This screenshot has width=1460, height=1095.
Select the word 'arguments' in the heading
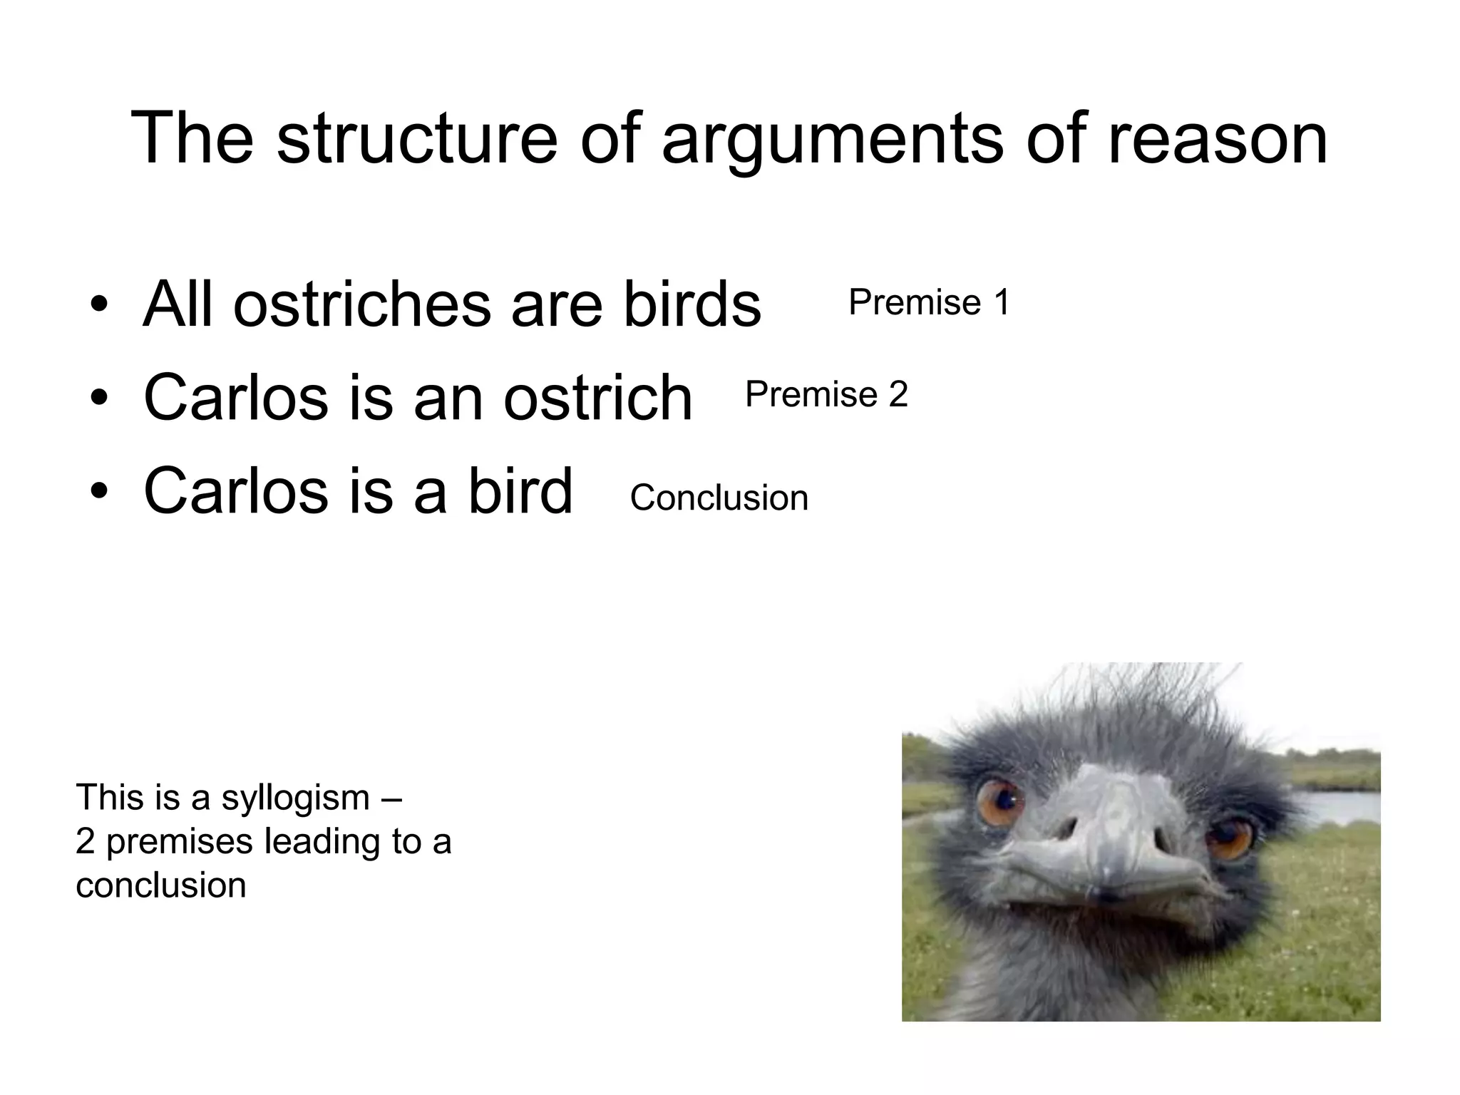(834, 140)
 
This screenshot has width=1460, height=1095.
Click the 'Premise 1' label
(929, 302)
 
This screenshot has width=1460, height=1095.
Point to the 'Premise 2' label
(826, 394)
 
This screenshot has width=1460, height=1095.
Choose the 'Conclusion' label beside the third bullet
(719, 498)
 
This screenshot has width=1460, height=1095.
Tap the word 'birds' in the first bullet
(692, 305)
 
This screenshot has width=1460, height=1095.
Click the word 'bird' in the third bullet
(520, 490)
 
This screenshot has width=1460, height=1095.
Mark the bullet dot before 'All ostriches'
(99, 307)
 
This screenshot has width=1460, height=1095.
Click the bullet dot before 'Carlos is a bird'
(99, 492)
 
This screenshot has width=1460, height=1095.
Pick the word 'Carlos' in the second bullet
(236, 398)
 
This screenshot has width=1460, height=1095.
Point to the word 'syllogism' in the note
(295, 798)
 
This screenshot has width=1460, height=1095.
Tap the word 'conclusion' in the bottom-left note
(161, 885)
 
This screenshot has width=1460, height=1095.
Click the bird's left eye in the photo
(999, 801)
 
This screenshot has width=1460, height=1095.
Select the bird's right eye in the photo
(1228, 838)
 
